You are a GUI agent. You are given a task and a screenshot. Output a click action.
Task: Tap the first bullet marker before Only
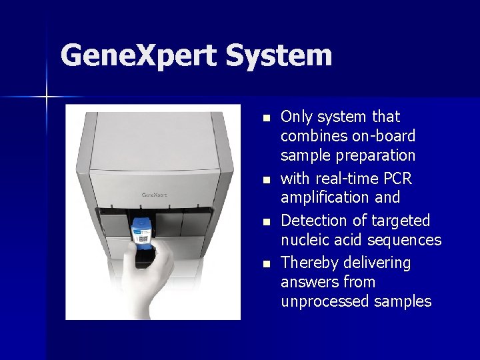point(267,118)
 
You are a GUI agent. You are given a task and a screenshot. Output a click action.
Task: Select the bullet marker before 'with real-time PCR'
point(267,180)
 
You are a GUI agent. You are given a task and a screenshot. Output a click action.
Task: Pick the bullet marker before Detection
point(267,221)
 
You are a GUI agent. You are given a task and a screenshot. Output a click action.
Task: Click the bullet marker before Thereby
point(267,263)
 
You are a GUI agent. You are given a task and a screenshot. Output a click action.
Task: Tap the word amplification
point(321,197)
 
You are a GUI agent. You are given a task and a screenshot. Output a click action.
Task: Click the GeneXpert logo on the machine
point(154,195)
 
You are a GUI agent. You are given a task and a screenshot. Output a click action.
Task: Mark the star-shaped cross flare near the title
point(47,97)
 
